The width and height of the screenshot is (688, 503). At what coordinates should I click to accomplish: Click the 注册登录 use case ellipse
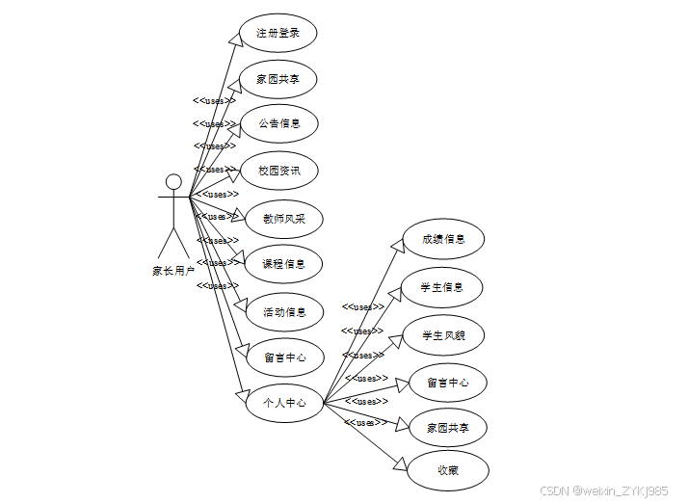[278, 34]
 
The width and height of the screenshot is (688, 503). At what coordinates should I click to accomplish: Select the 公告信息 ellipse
[278, 123]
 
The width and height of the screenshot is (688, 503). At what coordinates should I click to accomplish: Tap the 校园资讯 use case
[278, 171]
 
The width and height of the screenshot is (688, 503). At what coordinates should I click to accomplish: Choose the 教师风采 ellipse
[283, 219]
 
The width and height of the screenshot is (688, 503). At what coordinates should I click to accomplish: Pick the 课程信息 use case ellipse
[283, 263]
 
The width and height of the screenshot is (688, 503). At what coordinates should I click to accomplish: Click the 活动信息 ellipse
[284, 311]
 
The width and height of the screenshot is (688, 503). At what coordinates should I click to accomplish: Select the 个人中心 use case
[283, 403]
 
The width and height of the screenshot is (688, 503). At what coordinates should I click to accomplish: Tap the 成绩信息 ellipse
[443, 239]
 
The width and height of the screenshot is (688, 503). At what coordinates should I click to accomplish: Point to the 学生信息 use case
[442, 287]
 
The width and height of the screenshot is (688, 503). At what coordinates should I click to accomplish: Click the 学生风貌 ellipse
[443, 335]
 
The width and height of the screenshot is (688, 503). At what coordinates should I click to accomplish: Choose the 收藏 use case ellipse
[447, 470]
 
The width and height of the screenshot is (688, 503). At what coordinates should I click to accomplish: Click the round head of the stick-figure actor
[173, 183]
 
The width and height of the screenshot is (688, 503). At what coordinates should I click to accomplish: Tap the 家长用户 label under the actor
[173, 271]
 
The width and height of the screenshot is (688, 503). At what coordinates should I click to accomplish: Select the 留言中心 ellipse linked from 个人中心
[448, 383]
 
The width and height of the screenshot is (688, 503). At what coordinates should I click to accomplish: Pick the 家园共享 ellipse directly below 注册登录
[278, 79]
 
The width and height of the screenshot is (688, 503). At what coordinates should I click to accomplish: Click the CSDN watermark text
[602, 491]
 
